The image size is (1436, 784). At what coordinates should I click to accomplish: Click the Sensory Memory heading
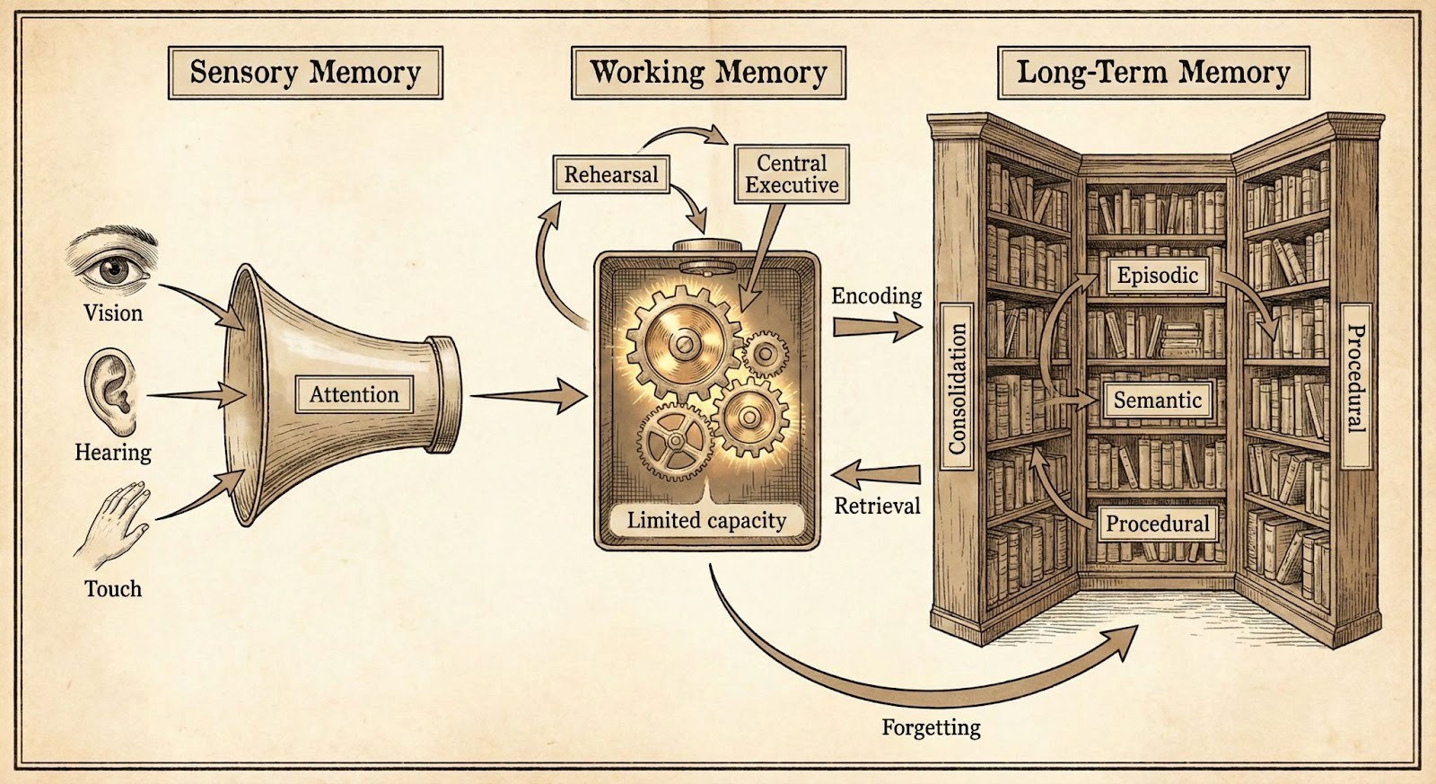[305, 73]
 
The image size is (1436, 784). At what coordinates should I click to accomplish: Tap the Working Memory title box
[708, 73]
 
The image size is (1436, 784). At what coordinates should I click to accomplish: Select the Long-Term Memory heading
[1153, 73]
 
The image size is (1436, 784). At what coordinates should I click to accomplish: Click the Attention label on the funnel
[354, 394]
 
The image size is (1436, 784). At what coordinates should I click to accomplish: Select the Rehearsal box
[610, 174]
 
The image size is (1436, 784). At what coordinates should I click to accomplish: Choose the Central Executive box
[792, 174]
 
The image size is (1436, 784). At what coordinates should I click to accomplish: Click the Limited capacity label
[706, 520]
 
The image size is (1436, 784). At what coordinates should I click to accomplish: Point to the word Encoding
[876, 295]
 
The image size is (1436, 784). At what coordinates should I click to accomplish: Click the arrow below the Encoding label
[876, 328]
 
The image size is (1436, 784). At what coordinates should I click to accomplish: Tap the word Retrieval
[877, 506]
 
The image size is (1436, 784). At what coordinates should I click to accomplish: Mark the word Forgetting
[931, 727]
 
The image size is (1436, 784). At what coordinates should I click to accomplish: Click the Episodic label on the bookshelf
[1157, 275]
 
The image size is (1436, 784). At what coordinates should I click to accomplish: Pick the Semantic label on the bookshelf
[1157, 400]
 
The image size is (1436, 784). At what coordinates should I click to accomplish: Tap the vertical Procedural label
[1355, 379]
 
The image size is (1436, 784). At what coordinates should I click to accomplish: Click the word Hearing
[113, 452]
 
